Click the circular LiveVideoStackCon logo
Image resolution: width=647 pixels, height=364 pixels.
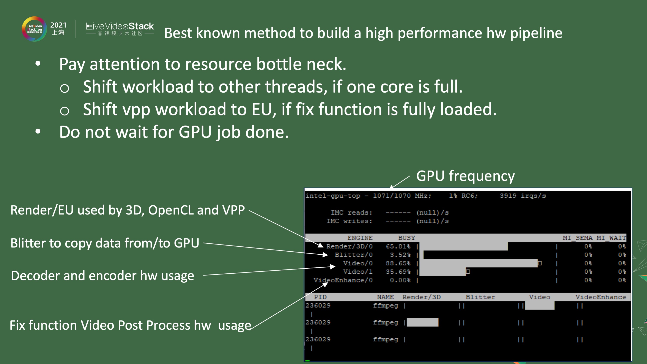[x=34, y=29]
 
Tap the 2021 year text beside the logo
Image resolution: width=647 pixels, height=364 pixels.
[x=58, y=25]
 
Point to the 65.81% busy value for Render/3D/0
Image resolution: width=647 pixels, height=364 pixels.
[x=398, y=246]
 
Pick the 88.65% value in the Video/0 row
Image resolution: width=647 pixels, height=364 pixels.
[x=398, y=263]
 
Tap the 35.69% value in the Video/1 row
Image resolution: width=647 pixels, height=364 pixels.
[x=398, y=272]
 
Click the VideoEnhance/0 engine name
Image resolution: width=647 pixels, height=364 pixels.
[x=343, y=280]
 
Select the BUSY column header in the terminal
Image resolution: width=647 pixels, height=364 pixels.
[x=406, y=238]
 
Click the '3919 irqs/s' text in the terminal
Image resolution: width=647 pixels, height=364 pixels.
[x=523, y=196]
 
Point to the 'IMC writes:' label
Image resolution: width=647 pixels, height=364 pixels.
[x=349, y=221]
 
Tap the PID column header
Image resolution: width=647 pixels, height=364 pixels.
[x=320, y=297]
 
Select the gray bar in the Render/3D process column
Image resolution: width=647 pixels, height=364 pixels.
[x=422, y=322]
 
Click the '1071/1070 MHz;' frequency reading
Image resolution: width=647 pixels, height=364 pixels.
[x=402, y=196]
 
